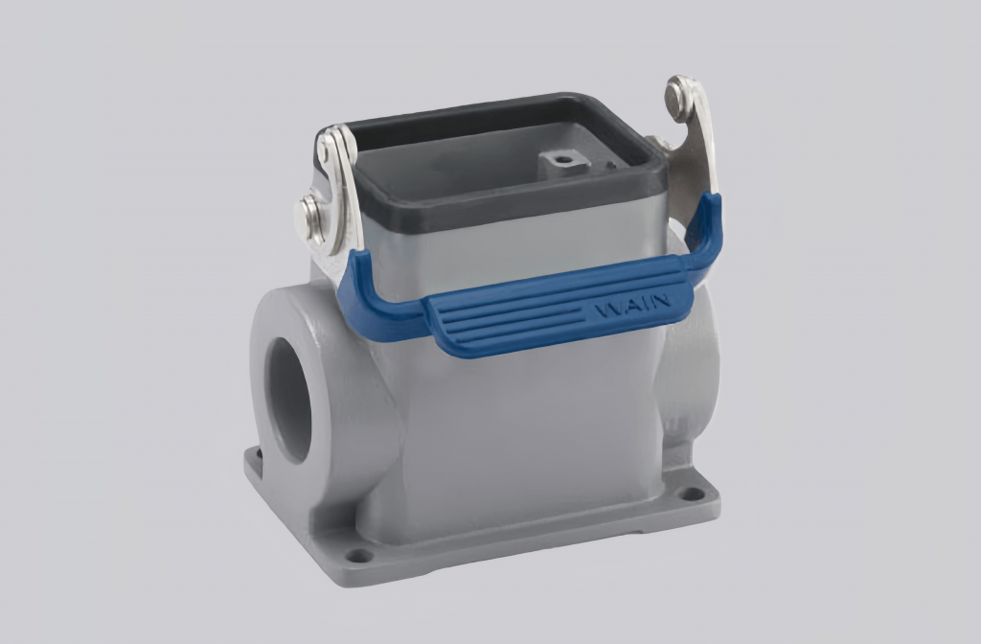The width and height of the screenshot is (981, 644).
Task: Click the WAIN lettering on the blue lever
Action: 631,309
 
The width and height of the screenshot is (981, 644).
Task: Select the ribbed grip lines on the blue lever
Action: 508,321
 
